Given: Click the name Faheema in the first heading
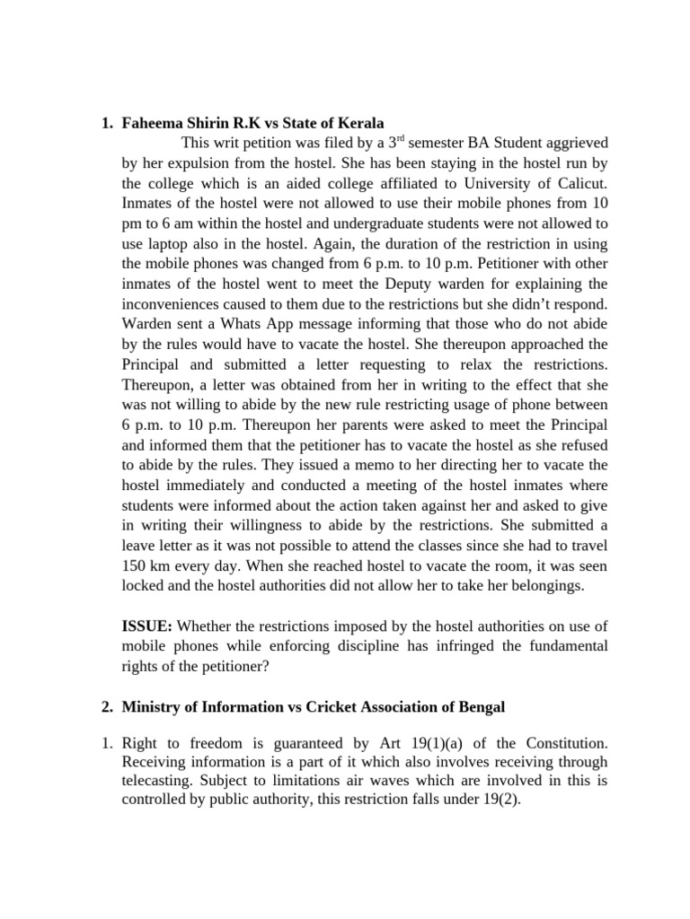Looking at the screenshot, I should tap(155, 123).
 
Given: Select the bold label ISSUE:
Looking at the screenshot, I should tap(147, 626).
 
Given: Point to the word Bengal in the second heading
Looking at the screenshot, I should tap(482, 707).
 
